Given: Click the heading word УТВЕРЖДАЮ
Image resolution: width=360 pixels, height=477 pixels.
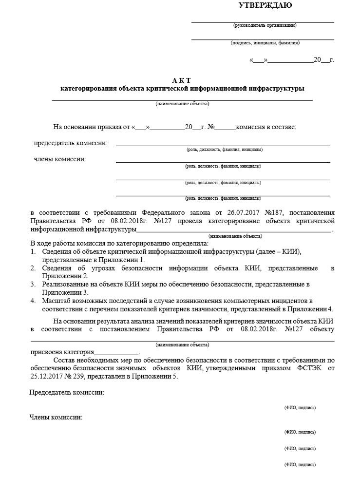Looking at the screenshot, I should click(x=265, y=6).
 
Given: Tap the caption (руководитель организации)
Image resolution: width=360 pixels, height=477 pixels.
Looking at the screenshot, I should click(x=265, y=25).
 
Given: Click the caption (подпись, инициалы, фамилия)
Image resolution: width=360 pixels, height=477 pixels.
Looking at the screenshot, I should click(x=265, y=43).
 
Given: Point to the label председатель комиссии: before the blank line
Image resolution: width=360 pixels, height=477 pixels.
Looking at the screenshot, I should click(x=71, y=143).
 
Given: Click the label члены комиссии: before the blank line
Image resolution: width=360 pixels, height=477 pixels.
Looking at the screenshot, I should click(x=60, y=159).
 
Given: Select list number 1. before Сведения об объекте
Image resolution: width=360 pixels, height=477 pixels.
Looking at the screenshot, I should click(x=33, y=251).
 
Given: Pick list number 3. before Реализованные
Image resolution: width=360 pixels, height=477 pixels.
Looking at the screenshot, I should click(x=33, y=284).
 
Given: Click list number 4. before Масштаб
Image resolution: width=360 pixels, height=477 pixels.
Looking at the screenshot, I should click(x=33, y=301).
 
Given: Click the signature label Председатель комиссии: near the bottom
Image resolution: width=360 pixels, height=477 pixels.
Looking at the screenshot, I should click(x=67, y=393).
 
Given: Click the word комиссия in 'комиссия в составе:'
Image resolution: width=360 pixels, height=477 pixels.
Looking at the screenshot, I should click(x=251, y=127).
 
